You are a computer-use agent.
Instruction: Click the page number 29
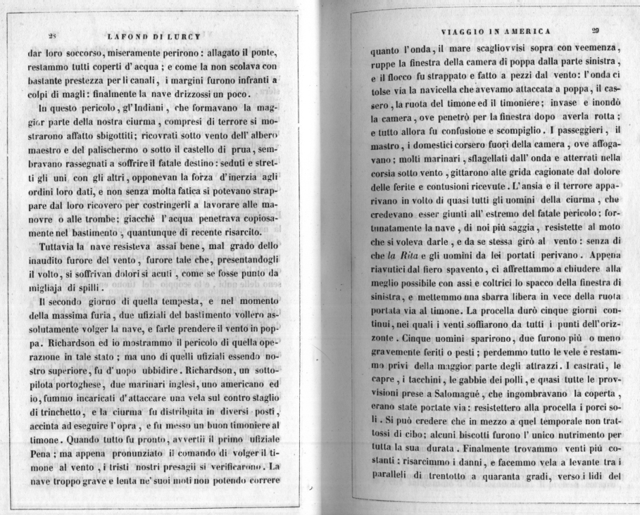(595, 30)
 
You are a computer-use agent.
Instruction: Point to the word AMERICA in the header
(527, 31)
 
